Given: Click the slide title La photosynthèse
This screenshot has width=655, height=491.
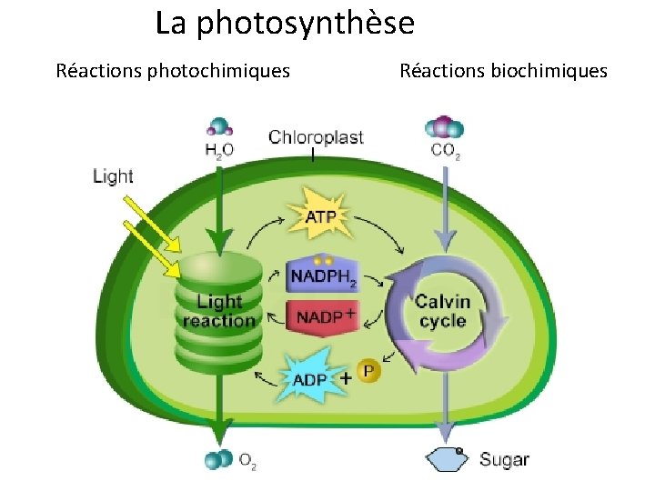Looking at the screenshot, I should pyautogui.click(x=284, y=23).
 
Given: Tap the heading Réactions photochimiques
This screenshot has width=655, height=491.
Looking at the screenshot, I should pyautogui.click(x=173, y=70).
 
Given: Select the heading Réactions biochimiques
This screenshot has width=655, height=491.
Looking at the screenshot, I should pyautogui.click(x=503, y=70).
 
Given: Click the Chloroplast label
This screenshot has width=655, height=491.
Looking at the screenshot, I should pyautogui.click(x=316, y=138).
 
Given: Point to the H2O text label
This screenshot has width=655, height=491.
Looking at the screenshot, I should pyautogui.click(x=218, y=150).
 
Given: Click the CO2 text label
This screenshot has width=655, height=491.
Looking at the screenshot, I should pyautogui.click(x=446, y=151).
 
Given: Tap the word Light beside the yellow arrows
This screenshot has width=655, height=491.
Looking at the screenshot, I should pyautogui.click(x=113, y=176).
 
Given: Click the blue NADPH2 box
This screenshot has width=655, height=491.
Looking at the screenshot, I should pyautogui.click(x=324, y=275).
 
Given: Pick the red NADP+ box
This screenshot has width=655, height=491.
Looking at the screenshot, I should pyautogui.click(x=322, y=315).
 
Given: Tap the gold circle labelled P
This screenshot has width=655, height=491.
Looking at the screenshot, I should pyautogui.click(x=368, y=371).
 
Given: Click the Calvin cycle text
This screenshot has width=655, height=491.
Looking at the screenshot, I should pyautogui.click(x=442, y=311).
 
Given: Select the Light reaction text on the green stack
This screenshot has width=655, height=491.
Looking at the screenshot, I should pyautogui.click(x=219, y=310).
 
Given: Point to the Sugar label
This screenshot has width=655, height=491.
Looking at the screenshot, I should pyautogui.click(x=503, y=460).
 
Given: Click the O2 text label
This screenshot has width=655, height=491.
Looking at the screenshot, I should pyautogui.click(x=247, y=461).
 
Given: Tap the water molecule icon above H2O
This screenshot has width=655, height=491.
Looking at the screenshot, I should pyautogui.click(x=219, y=127).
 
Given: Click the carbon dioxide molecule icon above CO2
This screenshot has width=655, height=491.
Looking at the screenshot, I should pyautogui.click(x=444, y=127).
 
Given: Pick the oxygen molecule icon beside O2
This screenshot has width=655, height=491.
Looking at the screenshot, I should pyautogui.click(x=217, y=460).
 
